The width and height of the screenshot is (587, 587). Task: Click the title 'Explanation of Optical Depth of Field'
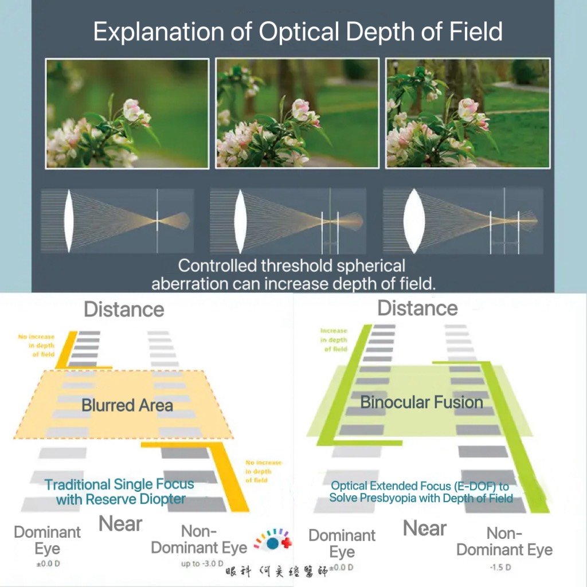(x=298, y=32)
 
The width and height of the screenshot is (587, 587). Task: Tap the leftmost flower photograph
(x=127, y=114)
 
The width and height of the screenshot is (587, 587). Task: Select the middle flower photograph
(x=297, y=114)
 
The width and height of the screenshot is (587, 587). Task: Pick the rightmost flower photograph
(x=468, y=114)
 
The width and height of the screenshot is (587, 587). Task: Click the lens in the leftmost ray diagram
(x=68, y=221)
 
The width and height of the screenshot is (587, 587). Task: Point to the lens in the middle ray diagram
(x=240, y=221)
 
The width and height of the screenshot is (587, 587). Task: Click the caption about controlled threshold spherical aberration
(x=292, y=275)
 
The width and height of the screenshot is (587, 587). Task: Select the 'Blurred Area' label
(x=127, y=405)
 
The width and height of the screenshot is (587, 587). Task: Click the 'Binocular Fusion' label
(x=421, y=402)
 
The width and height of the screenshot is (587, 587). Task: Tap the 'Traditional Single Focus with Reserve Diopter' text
(x=120, y=491)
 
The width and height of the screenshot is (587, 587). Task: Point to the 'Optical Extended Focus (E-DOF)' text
(x=420, y=492)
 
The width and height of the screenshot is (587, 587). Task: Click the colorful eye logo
(x=272, y=541)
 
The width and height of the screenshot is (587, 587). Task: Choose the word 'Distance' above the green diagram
(x=417, y=308)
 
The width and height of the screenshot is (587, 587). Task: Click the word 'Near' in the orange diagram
(x=120, y=523)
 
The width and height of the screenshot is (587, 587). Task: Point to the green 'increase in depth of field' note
(x=334, y=339)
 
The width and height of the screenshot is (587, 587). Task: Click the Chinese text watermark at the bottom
(x=276, y=572)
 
